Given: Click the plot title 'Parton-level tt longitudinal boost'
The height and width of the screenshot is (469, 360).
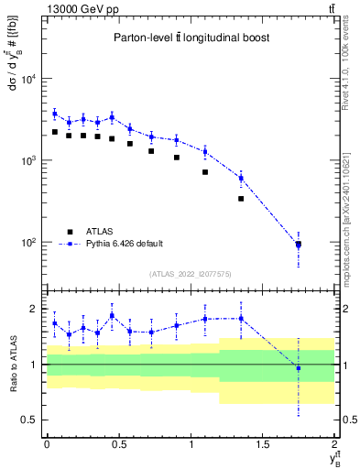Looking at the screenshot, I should [x=189, y=38].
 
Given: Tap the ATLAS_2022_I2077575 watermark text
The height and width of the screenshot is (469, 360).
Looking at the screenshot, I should [x=189, y=274].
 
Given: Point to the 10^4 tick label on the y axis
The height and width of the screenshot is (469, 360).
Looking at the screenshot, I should [x=28, y=79].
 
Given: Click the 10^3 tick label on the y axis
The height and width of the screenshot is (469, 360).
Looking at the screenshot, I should [x=28, y=160].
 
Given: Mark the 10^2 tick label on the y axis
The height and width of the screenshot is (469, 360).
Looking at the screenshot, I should [x=28, y=243].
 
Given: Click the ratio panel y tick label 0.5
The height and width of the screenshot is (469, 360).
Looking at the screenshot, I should [x=30, y=420].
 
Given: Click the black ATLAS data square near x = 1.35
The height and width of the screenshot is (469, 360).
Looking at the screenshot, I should [x=241, y=198].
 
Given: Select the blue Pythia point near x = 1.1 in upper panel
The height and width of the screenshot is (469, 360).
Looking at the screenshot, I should [x=205, y=151].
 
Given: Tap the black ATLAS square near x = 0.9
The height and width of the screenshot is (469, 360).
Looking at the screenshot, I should [x=177, y=158].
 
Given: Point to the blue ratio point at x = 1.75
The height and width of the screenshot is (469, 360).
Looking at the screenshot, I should [x=299, y=368].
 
